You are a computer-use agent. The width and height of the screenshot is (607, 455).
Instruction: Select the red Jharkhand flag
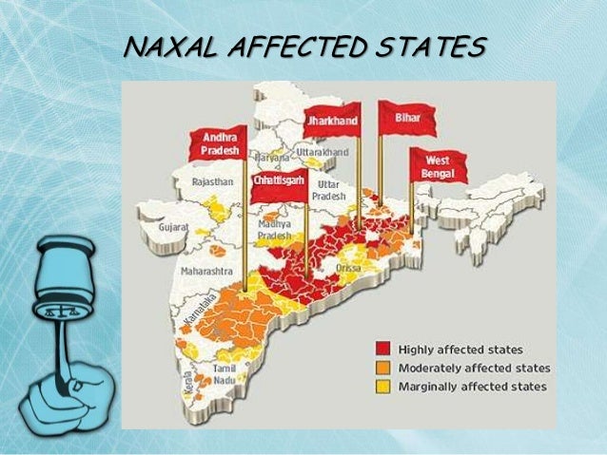click(332, 122)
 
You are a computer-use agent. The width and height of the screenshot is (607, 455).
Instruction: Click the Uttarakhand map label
click(323, 152)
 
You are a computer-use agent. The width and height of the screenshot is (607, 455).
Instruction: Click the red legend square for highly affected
click(382, 349)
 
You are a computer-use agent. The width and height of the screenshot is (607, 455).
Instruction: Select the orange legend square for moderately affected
click(382, 368)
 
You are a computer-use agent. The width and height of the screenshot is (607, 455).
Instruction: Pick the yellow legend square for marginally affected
click(382, 386)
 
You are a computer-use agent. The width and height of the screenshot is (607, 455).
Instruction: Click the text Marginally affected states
click(473, 387)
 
